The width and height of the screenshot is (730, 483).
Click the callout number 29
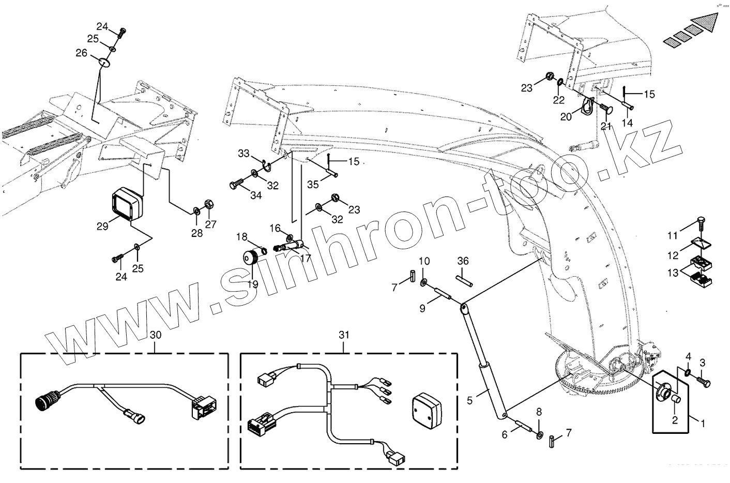pyautogui.click(x=102, y=226)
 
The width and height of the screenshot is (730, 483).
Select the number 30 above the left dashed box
pyautogui.click(x=156, y=335)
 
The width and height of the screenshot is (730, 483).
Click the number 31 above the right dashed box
pyautogui.click(x=344, y=335)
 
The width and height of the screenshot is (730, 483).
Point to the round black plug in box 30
pyautogui.click(x=45, y=400)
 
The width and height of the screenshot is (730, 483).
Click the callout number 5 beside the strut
pyautogui.click(x=470, y=400)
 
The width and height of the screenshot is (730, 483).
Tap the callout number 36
pyautogui.click(x=463, y=262)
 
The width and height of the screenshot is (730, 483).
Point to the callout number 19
pyautogui.click(x=253, y=283)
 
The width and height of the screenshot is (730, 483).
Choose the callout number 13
pyautogui.click(x=673, y=273)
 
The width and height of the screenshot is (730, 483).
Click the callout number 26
pyautogui.click(x=82, y=53)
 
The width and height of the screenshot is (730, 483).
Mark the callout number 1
pyautogui.click(x=703, y=423)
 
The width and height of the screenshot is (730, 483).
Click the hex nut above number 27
pyautogui.click(x=209, y=204)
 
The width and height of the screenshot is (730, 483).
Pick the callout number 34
pyautogui.click(x=256, y=195)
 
